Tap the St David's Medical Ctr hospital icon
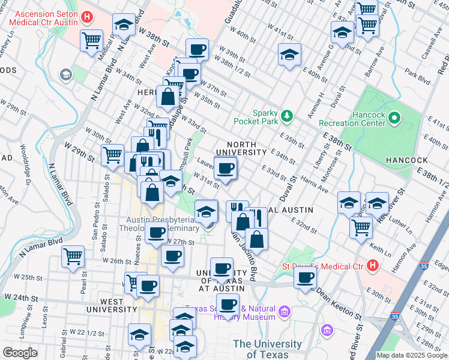coord(373,264)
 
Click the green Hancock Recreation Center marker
coord(394,118)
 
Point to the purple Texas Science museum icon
coord(285,311)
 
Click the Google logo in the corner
coord(20,353)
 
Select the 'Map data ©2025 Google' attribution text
coord(412,355)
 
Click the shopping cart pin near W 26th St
coord(73,256)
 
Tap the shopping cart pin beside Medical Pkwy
coord(92,41)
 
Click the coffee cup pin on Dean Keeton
coord(305,278)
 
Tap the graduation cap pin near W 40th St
coord(289,55)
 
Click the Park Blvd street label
coord(418,77)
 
